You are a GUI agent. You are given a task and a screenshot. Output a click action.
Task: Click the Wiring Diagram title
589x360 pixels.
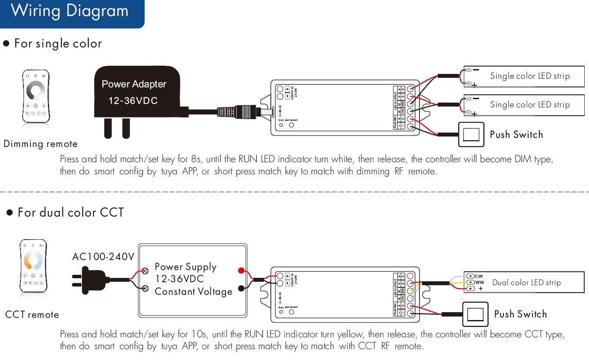70,11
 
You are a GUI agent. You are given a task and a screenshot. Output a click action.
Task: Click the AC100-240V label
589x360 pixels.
103,257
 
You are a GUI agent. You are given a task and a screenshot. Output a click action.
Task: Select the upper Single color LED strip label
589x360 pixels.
529,76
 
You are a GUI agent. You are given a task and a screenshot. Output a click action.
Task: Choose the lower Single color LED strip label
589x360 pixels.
529,105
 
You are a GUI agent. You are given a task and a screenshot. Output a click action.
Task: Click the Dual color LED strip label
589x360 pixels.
526,283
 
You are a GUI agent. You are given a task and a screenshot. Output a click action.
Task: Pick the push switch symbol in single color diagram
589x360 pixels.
471,134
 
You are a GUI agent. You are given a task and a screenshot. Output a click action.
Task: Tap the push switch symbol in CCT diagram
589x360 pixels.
475,314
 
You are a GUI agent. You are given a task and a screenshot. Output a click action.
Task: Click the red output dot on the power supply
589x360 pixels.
241,271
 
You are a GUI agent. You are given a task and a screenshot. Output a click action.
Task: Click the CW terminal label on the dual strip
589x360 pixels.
479,276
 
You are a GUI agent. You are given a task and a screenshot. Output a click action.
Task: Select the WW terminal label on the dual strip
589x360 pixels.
479,282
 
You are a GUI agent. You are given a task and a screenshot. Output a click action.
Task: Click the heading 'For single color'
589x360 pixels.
58,43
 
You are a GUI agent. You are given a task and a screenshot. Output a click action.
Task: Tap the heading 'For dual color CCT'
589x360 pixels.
70,213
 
